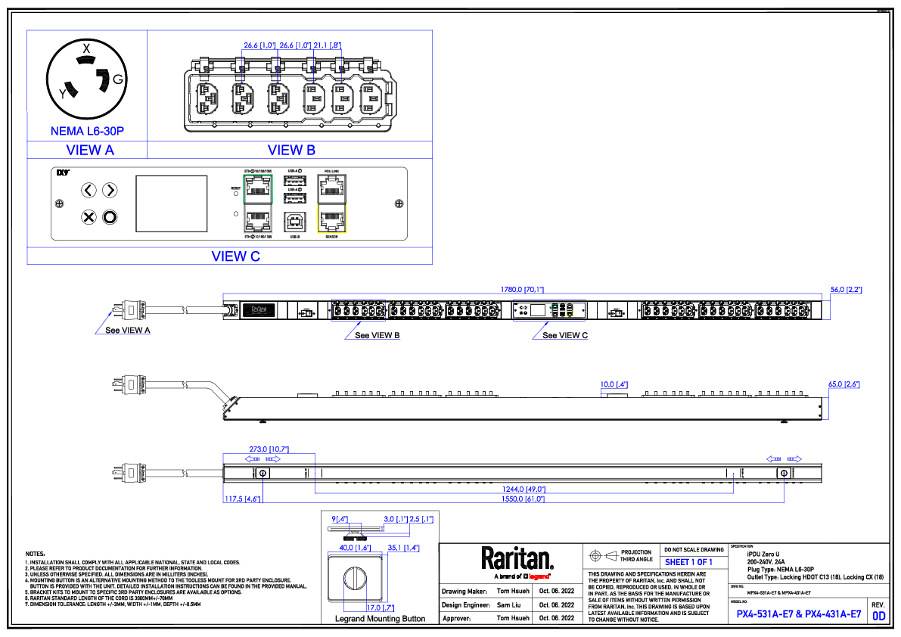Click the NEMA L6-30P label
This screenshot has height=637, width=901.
coord(87,132)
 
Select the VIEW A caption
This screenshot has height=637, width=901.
coord(90,151)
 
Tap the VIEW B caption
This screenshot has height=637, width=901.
coord(291,151)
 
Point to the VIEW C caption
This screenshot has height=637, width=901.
coord(236,256)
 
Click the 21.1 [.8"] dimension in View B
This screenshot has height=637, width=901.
coord(328,46)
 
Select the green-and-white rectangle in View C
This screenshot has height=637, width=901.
coord(258,204)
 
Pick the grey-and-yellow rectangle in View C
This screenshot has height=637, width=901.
coord(332,204)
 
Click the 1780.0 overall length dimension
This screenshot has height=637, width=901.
coord(523,290)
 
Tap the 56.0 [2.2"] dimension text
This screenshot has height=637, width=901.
coord(846,290)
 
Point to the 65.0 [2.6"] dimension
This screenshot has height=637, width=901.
coord(844,384)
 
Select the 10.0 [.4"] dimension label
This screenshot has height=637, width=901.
coord(614,384)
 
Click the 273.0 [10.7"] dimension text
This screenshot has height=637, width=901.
coord(269,449)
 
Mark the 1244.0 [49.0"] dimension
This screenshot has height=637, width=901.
coord(524,489)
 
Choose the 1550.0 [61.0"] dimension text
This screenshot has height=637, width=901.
coord(524,499)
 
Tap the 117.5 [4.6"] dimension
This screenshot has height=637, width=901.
coord(242,499)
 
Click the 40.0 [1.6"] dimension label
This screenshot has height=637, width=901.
coord(355,548)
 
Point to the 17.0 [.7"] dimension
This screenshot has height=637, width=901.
coord(380,608)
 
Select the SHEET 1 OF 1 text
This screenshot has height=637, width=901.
coord(688,562)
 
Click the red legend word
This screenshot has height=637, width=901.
coord(539,576)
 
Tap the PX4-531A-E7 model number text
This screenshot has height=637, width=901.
coord(765,614)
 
